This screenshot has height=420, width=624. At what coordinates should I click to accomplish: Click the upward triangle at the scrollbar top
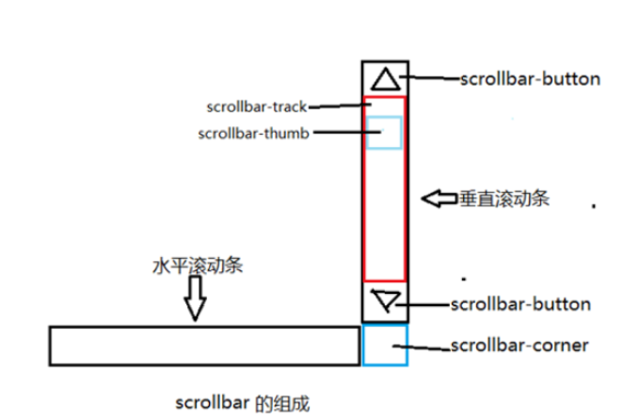tap(385, 77)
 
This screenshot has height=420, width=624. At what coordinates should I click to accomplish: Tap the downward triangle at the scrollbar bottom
tap(385, 300)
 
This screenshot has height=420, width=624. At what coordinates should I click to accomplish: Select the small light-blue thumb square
tap(385, 133)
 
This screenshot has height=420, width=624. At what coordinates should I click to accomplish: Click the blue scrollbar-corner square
tap(384, 346)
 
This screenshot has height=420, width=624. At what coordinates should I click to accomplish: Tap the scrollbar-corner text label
tap(519, 346)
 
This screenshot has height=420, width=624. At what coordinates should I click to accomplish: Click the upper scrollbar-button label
tap(530, 79)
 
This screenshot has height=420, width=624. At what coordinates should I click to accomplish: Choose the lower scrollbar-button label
tap(520, 304)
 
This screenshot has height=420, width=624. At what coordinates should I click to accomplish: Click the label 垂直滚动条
tap(505, 200)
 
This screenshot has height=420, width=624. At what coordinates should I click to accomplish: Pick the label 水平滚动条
tap(198, 266)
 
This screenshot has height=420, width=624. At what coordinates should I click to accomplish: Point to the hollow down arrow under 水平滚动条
tap(195, 299)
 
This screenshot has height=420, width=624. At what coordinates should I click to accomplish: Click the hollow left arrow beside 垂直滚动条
tap(439, 199)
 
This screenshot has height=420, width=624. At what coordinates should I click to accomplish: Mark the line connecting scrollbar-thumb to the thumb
tap(340, 133)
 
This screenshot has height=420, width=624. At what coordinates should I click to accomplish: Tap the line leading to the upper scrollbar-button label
tap(430, 78)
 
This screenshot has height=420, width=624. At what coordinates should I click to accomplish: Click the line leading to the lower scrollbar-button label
tap(423, 303)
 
